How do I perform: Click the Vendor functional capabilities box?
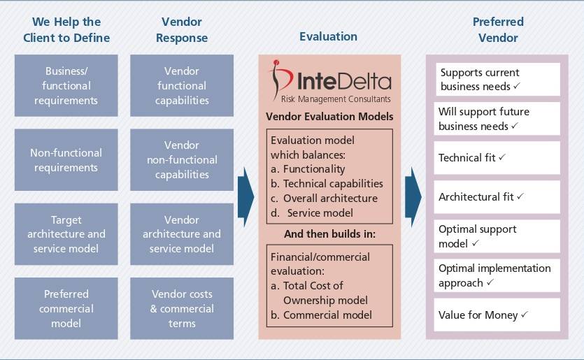[x=182, y=85]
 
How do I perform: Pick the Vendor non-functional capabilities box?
[x=182, y=160]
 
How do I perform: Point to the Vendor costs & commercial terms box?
[x=182, y=308]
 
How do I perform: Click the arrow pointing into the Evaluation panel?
[x=245, y=196]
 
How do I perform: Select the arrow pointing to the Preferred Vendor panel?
[x=413, y=196]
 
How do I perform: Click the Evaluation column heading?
[x=328, y=36]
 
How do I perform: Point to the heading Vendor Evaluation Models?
[x=329, y=117]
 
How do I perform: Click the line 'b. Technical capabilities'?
[x=327, y=184]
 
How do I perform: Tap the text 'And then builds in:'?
[x=329, y=233]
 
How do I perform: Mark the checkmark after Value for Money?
[x=524, y=315]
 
